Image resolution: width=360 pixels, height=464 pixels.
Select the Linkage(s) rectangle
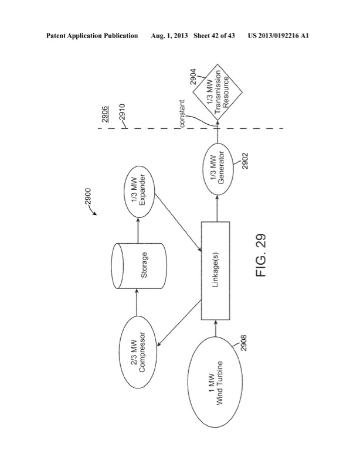pos(217,271)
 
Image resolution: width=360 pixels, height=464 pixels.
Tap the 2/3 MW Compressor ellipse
pos(138,342)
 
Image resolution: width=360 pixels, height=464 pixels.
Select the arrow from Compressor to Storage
pos(138,299)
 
